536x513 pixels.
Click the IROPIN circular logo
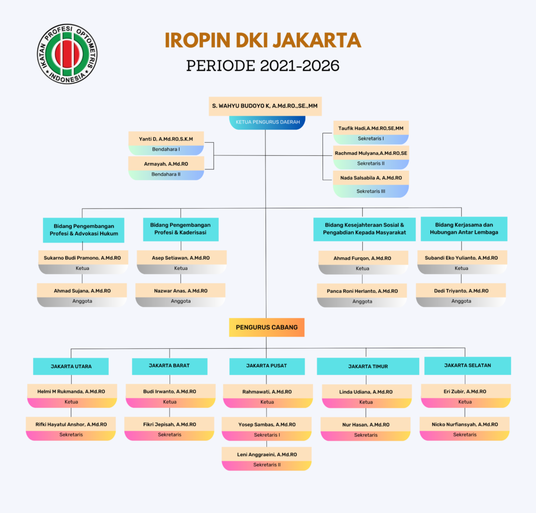pyautogui.click(x=68, y=54)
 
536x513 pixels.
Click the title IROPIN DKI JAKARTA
pyautogui.click(x=263, y=40)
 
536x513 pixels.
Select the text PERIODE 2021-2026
pyautogui.click(x=263, y=65)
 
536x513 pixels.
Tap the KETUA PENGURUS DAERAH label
pyautogui.click(x=267, y=122)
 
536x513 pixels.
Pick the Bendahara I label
pyautogui.click(x=166, y=149)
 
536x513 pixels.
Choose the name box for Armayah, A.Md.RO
pyautogui.click(x=166, y=164)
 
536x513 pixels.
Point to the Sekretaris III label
pyautogui.click(x=371, y=191)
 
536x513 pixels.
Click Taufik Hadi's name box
pyautogui.click(x=371, y=128)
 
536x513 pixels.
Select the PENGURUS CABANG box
pyautogui.click(x=266, y=327)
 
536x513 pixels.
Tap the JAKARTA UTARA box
pyautogui.click(x=71, y=367)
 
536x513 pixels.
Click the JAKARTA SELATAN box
pyautogui.click(x=467, y=366)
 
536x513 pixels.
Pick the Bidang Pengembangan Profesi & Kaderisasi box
pyautogui.click(x=181, y=229)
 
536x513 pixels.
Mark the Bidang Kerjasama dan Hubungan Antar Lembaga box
pyautogui.click(x=464, y=229)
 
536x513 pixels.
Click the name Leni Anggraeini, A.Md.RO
pyautogui.click(x=267, y=454)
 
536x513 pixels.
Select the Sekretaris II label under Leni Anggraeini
pyautogui.click(x=267, y=465)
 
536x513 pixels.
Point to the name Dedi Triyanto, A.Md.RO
pyautogui.click(x=461, y=291)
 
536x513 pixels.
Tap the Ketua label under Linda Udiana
pyautogui.click(x=366, y=402)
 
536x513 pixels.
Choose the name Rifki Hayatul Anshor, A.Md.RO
pyautogui.click(x=71, y=425)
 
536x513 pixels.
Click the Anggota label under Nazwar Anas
pyautogui.click(x=181, y=301)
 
